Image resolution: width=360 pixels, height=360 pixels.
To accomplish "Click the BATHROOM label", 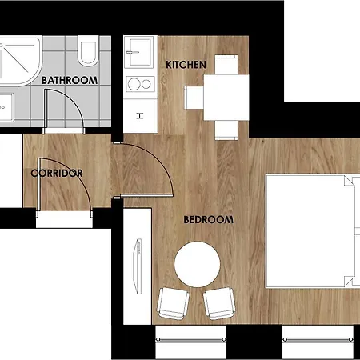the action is point(70,80).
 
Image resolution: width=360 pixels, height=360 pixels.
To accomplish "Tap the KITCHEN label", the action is point(186,65).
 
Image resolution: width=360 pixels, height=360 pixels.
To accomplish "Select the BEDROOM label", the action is point(209,220).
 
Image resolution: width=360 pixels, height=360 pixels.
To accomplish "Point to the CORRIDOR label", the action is point(57,174).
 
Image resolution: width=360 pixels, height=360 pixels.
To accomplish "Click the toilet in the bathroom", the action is point(87,50).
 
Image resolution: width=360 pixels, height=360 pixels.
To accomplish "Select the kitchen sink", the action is point(139,52).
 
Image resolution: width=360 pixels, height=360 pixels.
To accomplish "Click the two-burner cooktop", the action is point(140,84).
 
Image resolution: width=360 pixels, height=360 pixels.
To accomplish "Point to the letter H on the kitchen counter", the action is point(140,116).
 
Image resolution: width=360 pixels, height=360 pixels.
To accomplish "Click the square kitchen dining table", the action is point(226,98).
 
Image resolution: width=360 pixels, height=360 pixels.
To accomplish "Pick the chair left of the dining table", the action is point(194,98).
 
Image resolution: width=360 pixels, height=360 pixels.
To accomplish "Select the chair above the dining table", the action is point(226,65).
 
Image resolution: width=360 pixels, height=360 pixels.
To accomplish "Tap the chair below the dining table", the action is point(226,130).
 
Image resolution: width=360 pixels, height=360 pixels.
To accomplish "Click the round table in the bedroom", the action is point(198,264).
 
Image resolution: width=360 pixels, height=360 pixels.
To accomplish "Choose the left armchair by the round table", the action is point(174,303).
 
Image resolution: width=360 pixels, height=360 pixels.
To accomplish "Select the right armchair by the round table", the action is point(219,303).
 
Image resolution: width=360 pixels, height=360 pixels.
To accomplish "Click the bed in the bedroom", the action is point(313,231).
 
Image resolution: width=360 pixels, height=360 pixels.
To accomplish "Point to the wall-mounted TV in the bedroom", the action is point(138,266).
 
